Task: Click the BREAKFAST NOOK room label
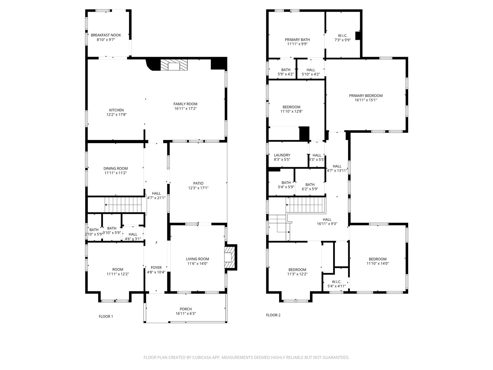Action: click(106, 35)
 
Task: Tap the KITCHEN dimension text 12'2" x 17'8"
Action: click(116, 115)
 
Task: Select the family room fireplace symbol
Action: click(174, 65)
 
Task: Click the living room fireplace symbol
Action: click(229, 257)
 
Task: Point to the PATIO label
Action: click(198, 183)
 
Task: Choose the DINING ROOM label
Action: click(116, 168)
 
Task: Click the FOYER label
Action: click(156, 268)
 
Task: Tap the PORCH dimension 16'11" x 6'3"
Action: click(186, 314)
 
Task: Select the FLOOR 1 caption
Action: click(106, 317)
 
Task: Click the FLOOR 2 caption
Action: click(273, 315)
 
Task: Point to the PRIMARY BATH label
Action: click(297, 40)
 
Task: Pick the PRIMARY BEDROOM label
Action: click(366, 96)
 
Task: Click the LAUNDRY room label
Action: click(282, 155)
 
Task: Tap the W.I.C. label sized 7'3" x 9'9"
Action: click(343, 36)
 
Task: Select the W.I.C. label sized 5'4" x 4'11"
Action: click(336, 282)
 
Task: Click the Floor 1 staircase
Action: click(123, 205)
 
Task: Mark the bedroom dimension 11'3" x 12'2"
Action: click(297, 274)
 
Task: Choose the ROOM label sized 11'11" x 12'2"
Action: click(118, 269)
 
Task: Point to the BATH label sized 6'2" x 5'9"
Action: click(310, 185)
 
